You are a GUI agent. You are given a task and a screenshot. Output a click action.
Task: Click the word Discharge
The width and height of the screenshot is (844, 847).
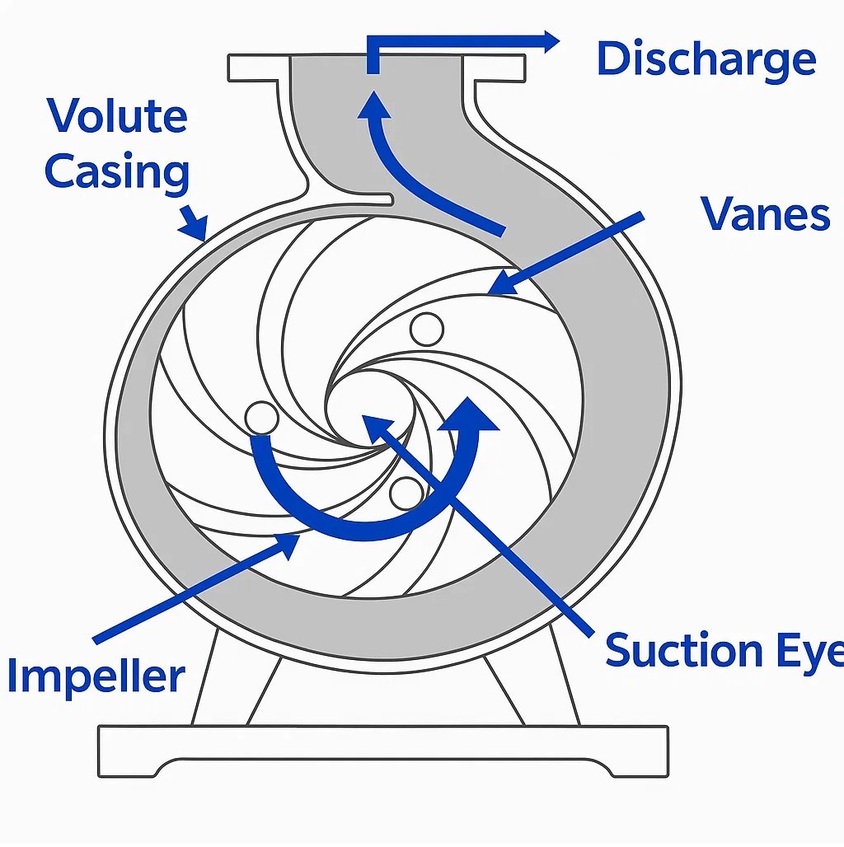pyautogui.click(x=706, y=61)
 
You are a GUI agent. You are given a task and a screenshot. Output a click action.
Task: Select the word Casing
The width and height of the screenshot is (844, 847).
pyautogui.click(x=117, y=173)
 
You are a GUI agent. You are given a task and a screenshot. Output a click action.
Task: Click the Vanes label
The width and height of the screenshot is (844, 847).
pyautogui.click(x=765, y=214)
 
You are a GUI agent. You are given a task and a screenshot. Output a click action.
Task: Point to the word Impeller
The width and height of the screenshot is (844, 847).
pyautogui.click(x=96, y=676)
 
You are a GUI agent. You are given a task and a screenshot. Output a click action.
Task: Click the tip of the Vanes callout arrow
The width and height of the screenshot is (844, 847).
pyautogui.click(x=492, y=291)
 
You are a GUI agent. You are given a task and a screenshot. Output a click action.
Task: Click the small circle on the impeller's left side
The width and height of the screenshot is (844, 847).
pyautogui.click(x=261, y=417)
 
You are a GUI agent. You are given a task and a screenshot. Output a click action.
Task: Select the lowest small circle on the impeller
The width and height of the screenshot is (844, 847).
pyautogui.click(x=406, y=493)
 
